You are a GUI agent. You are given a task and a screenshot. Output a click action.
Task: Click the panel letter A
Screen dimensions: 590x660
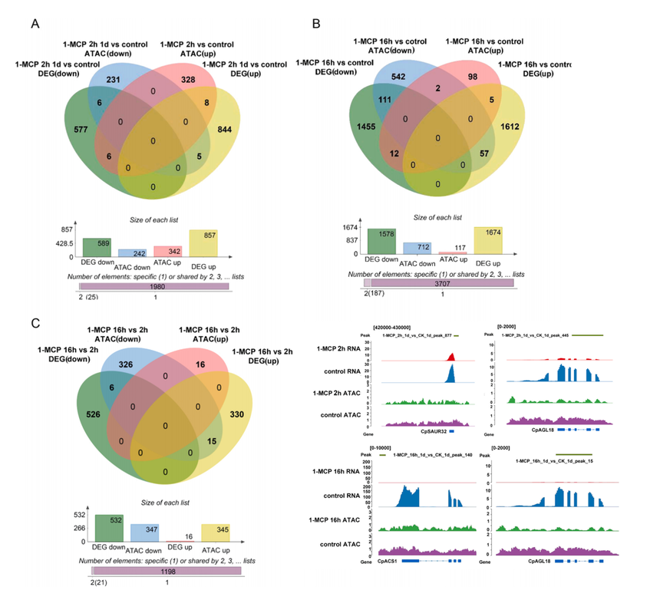click(x=35, y=24)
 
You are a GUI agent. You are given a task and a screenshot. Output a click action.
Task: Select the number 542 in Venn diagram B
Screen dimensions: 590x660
click(x=421, y=77)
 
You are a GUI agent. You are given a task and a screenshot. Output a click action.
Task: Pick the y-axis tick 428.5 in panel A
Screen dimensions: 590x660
click(x=64, y=243)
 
